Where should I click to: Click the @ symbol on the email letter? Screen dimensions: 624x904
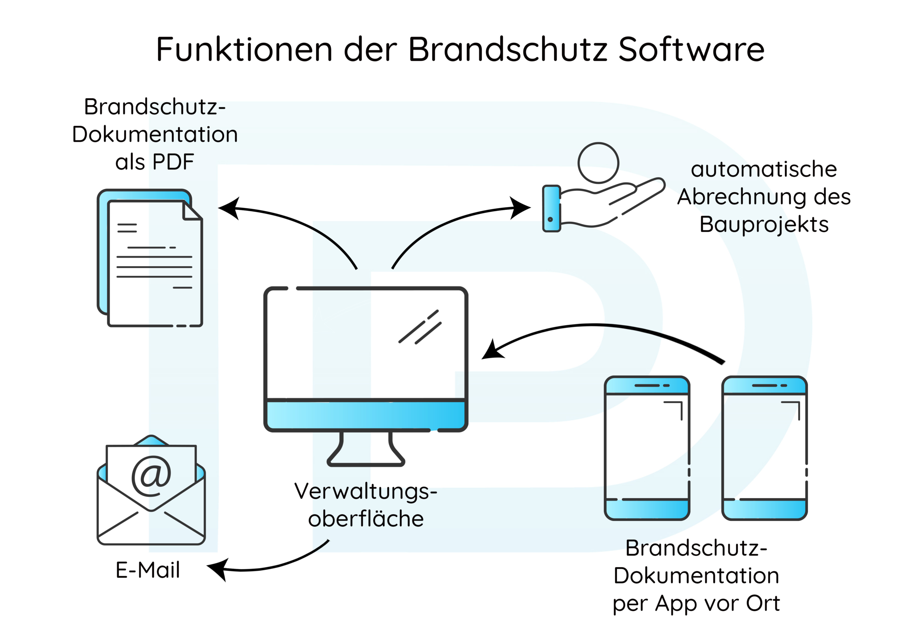point(151,476)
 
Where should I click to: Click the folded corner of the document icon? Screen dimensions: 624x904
point(192,212)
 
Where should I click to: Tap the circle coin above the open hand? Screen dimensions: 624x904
point(598,163)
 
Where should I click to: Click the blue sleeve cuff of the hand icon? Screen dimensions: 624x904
point(551,208)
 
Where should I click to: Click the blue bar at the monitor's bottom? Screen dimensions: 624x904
point(365,416)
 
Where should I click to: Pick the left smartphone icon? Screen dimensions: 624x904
point(647,448)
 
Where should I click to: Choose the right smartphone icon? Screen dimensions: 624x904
point(764,448)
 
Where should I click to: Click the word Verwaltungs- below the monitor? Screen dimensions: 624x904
point(365,491)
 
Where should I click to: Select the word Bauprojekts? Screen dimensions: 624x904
point(764,224)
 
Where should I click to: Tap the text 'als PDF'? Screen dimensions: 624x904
point(155,162)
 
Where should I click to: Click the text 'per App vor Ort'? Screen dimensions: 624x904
point(696,603)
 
